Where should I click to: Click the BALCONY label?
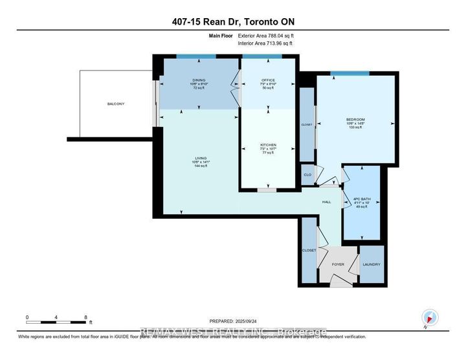point(116,104)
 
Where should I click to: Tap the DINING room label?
point(180,80)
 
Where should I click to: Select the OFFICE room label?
point(268,80)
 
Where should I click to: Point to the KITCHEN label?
point(268,145)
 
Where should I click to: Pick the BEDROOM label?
point(355,119)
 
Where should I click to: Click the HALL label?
point(327,202)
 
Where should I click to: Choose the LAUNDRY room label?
point(372,264)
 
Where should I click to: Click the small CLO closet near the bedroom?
point(307,174)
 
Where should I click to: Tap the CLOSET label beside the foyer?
point(309,250)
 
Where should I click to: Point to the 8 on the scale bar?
point(86,317)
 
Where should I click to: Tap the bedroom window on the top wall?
point(349,73)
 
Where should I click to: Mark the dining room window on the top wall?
point(196,57)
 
